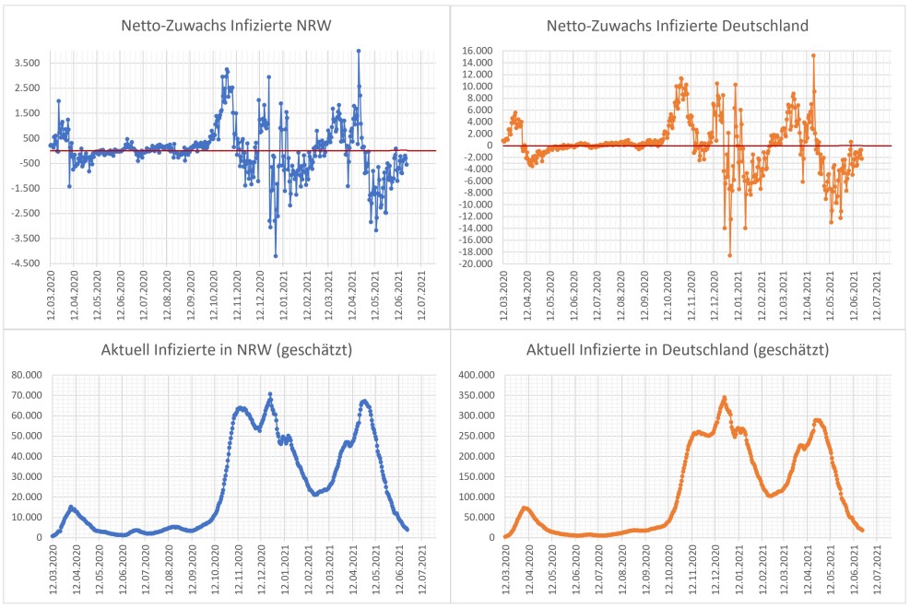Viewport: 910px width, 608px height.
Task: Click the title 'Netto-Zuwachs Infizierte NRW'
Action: coord(227,26)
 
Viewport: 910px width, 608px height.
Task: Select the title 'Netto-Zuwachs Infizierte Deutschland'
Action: coord(681,26)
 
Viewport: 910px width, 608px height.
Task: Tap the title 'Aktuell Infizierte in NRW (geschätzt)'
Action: coord(227,351)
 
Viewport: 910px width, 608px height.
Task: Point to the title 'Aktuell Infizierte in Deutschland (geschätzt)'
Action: coord(681,351)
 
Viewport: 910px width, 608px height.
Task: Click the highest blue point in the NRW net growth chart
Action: coord(359,52)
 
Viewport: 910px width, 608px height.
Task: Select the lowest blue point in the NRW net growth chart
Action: coord(276,255)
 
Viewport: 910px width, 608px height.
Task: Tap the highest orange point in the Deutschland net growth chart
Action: coord(813,55)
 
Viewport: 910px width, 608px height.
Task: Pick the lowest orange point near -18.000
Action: coord(730,255)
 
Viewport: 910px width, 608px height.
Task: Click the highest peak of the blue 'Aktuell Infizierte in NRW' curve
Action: coord(270,394)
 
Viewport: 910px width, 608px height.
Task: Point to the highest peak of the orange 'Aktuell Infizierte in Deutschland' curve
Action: coord(725,398)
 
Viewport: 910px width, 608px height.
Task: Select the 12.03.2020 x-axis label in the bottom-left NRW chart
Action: coord(53,567)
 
